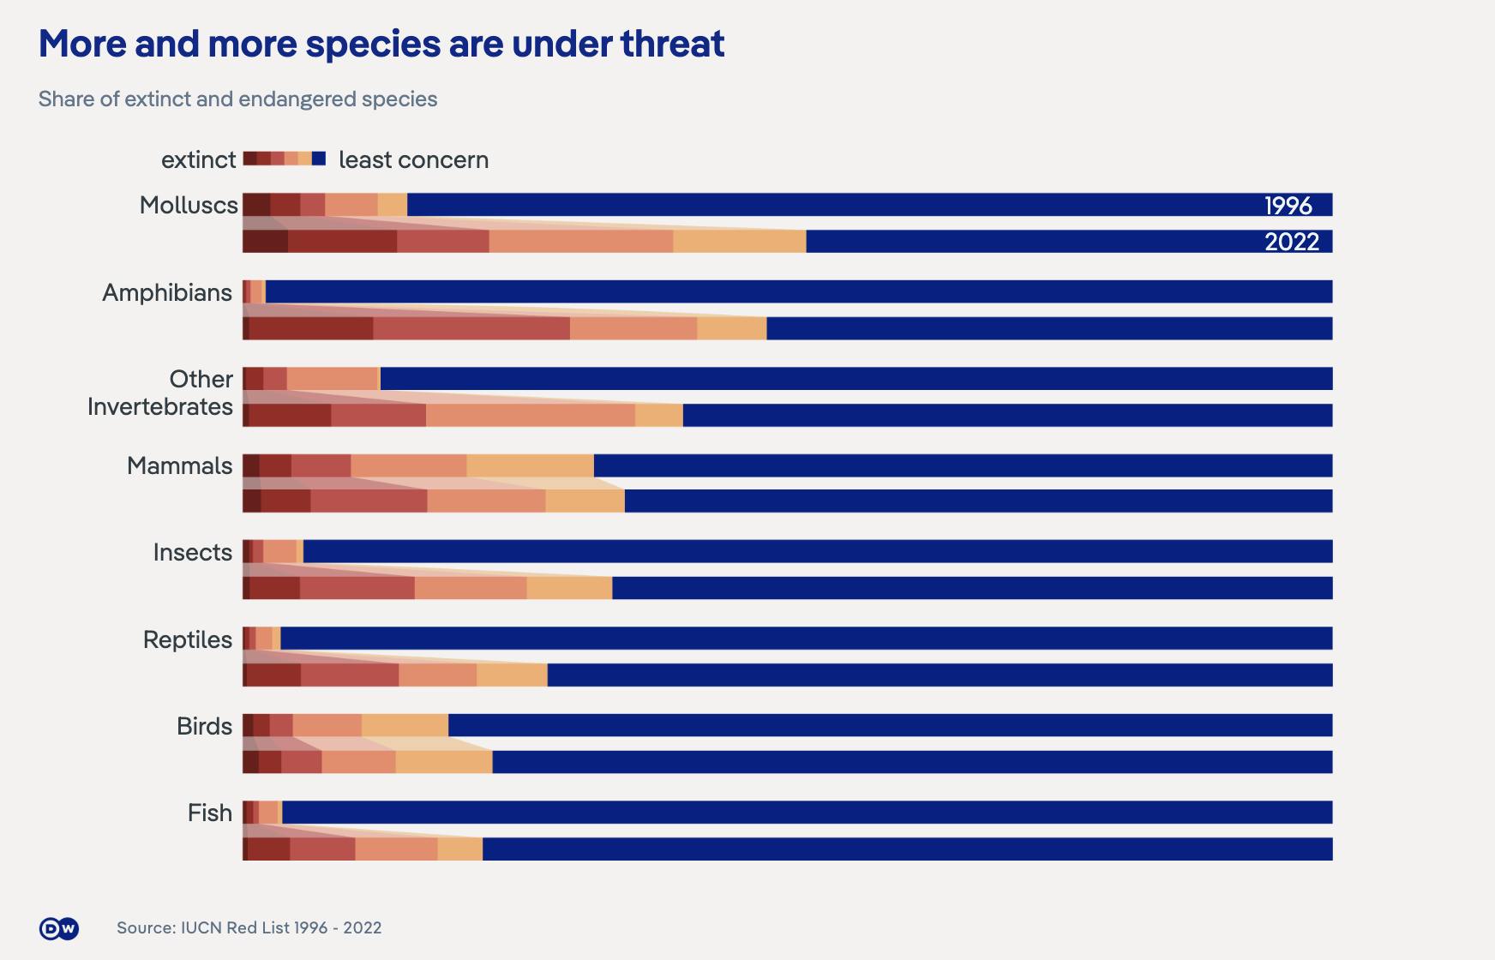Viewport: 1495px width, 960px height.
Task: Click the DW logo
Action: pos(58,928)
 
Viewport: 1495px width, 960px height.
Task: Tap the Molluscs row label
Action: pos(189,206)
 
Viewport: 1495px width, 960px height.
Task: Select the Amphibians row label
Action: pos(167,292)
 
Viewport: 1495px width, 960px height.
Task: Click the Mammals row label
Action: pos(180,465)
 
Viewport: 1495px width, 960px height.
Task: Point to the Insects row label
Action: pos(193,552)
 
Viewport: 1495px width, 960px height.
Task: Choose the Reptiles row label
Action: pos(188,639)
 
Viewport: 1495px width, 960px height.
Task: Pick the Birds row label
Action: pos(204,726)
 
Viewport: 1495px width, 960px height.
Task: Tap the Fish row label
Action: pos(210,813)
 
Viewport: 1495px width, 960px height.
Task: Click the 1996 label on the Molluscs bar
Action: pos(1288,206)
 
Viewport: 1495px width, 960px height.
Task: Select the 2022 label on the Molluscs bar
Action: pos(1291,242)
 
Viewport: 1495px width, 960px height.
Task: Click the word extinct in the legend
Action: pos(198,159)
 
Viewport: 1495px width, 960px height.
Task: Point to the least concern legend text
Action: pos(413,159)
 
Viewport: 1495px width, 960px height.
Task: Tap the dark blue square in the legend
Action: pos(319,159)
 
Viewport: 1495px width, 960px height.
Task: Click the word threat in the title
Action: pos(673,43)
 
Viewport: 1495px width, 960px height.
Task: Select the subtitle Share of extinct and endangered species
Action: pos(237,99)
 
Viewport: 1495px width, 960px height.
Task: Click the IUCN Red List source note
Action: pos(249,927)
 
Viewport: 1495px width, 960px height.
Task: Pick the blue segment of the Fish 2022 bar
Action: pos(907,849)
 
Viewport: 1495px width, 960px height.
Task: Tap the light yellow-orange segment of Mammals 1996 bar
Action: pos(530,465)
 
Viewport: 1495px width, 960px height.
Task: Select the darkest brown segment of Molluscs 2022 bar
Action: pos(265,242)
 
